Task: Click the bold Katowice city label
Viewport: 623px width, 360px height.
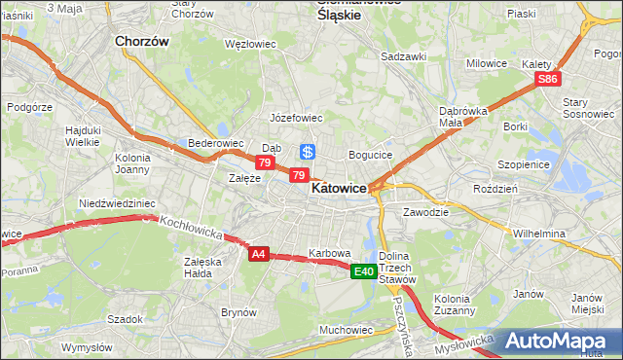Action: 339,190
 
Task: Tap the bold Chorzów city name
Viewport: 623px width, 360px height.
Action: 142,42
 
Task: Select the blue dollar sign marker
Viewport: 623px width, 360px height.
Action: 307,152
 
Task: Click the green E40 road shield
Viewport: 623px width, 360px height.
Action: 364,271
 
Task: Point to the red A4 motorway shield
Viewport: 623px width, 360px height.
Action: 258,254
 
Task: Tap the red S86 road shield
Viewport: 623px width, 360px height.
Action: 549,79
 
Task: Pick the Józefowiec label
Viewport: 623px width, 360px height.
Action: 296,118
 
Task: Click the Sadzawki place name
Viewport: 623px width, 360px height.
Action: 404,56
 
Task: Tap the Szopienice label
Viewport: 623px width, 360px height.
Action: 525,165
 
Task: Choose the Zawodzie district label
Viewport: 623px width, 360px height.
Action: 425,211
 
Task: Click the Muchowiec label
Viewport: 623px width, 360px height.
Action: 347,330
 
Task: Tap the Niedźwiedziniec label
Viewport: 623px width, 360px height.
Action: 118,203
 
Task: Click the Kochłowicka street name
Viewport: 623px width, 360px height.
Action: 193,229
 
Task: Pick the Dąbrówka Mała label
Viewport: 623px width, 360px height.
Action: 463,117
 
